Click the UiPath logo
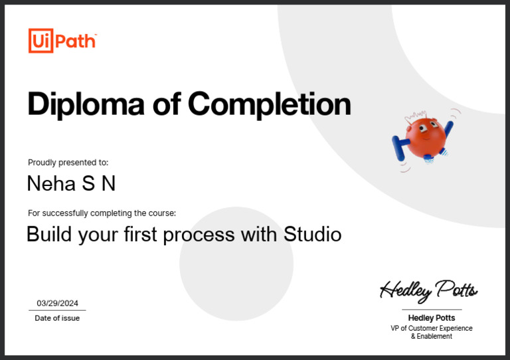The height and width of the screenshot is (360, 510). tap(62, 41)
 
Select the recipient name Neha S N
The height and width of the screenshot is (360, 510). tap(71, 183)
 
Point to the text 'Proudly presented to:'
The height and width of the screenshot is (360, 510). tap(68, 162)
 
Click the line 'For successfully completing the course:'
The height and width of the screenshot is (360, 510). tap(102, 213)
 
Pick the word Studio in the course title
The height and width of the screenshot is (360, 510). tap(313, 234)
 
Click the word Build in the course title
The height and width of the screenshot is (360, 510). tap(49, 234)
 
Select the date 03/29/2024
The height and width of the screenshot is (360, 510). tap(57, 303)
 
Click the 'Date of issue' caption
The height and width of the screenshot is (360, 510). tap(57, 318)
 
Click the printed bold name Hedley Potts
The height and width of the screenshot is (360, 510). tap(432, 318)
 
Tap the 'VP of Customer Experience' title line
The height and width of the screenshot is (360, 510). tap(432, 328)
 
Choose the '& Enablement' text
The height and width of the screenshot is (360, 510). tap(432, 337)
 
